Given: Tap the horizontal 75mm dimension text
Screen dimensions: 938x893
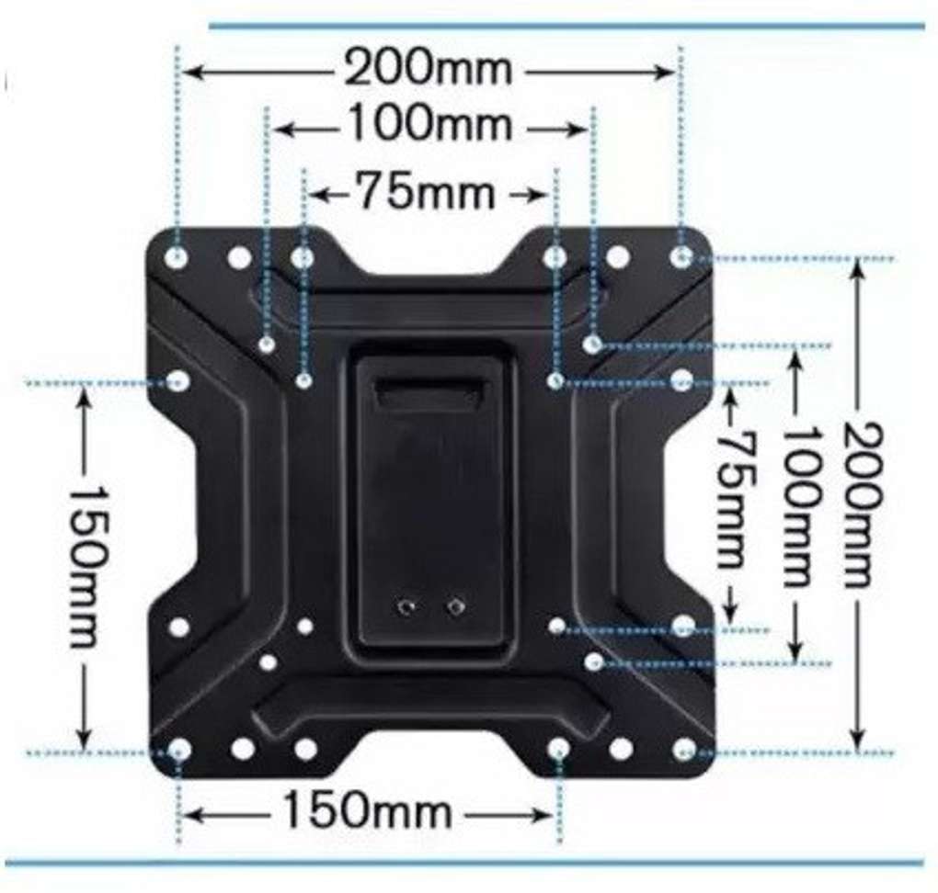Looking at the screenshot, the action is [426, 191].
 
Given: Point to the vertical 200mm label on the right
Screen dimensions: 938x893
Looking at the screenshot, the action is [863, 504].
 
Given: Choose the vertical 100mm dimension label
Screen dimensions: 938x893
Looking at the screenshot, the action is [799, 507].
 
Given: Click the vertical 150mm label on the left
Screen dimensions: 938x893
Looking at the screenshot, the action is [89, 566].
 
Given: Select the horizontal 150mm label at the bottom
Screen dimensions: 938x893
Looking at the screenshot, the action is [367, 810].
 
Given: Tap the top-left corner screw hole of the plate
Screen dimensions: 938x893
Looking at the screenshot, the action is [177, 257].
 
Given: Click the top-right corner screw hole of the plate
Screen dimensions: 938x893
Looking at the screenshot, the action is [681, 257].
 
